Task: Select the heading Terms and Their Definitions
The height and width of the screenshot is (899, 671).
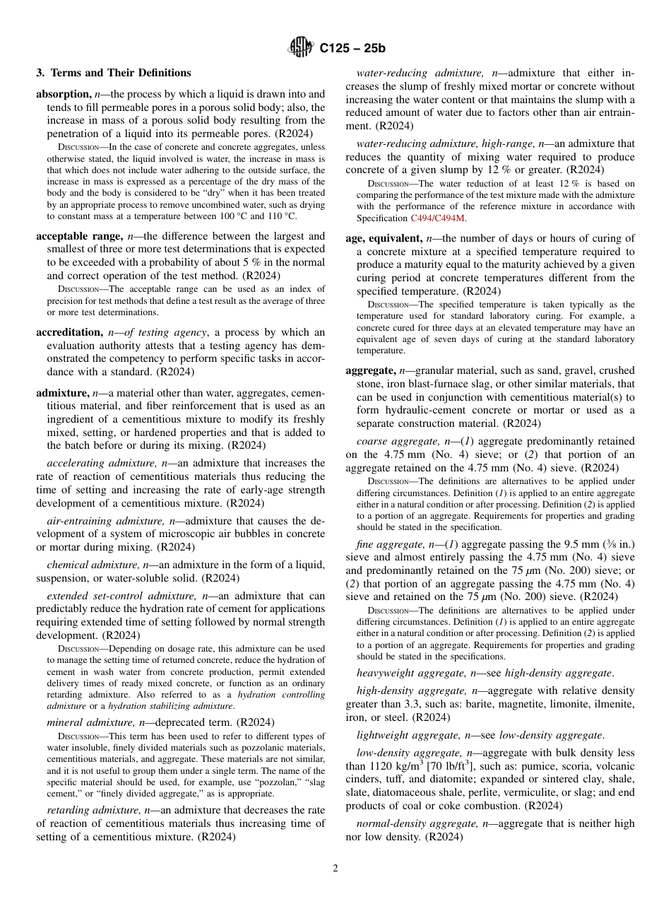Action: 113,73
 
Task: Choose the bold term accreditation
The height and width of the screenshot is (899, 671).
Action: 69,332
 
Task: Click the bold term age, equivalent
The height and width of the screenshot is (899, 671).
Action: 385,238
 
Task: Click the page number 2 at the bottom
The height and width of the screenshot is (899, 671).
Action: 335,869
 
